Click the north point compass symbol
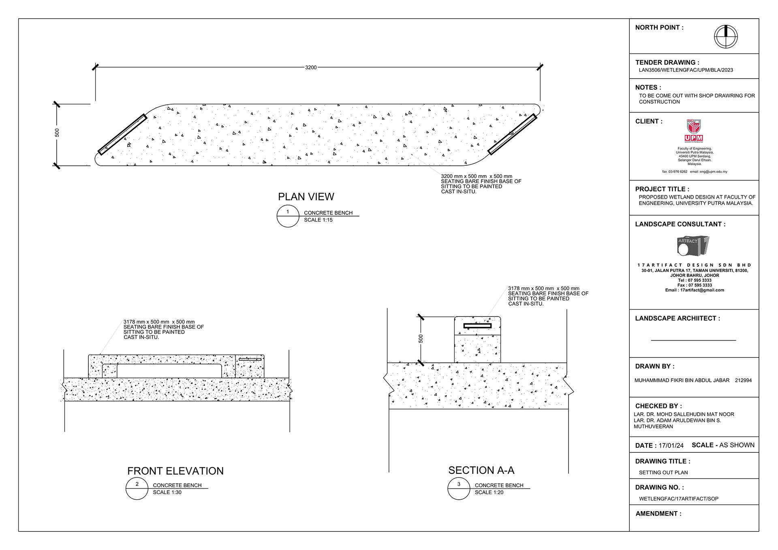click(725, 37)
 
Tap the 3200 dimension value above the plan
click(311, 67)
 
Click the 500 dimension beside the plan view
click(57, 133)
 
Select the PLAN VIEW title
click(306, 197)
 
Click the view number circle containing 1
click(288, 216)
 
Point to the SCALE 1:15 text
click(318, 220)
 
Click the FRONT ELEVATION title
click(175, 471)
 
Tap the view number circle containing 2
click(137, 488)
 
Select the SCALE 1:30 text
click(167, 492)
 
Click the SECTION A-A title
click(481, 470)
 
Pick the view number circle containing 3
click(459, 488)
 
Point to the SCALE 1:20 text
click(489, 492)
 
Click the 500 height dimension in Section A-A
click(421, 338)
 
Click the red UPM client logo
click(694, 131)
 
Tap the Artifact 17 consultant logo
click(693, 246)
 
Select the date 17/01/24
click(671, 445)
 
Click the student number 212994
click(743, 381)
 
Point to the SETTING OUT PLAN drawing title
click(663, 473)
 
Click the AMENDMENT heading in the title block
click(658, 514)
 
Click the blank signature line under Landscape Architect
click(693, 340)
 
